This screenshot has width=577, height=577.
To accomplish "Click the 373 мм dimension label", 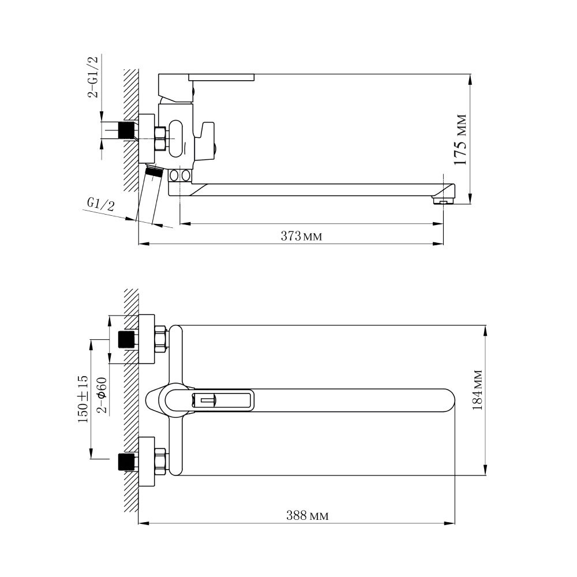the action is [x=301, y=236].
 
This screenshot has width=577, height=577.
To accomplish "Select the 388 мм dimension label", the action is [x=308, y=515].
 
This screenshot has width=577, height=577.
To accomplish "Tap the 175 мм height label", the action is [x=460, y=140].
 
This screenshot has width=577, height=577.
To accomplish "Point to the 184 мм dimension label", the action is [x=477, y=390].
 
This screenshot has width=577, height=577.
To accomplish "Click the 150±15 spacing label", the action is [x=83, y=399].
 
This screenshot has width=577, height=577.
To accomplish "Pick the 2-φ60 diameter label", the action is [x=102, y=396].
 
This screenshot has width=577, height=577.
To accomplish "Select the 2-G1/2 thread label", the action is [x=93, y=77].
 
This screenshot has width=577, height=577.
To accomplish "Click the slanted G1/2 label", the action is [x=100, y=204].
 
